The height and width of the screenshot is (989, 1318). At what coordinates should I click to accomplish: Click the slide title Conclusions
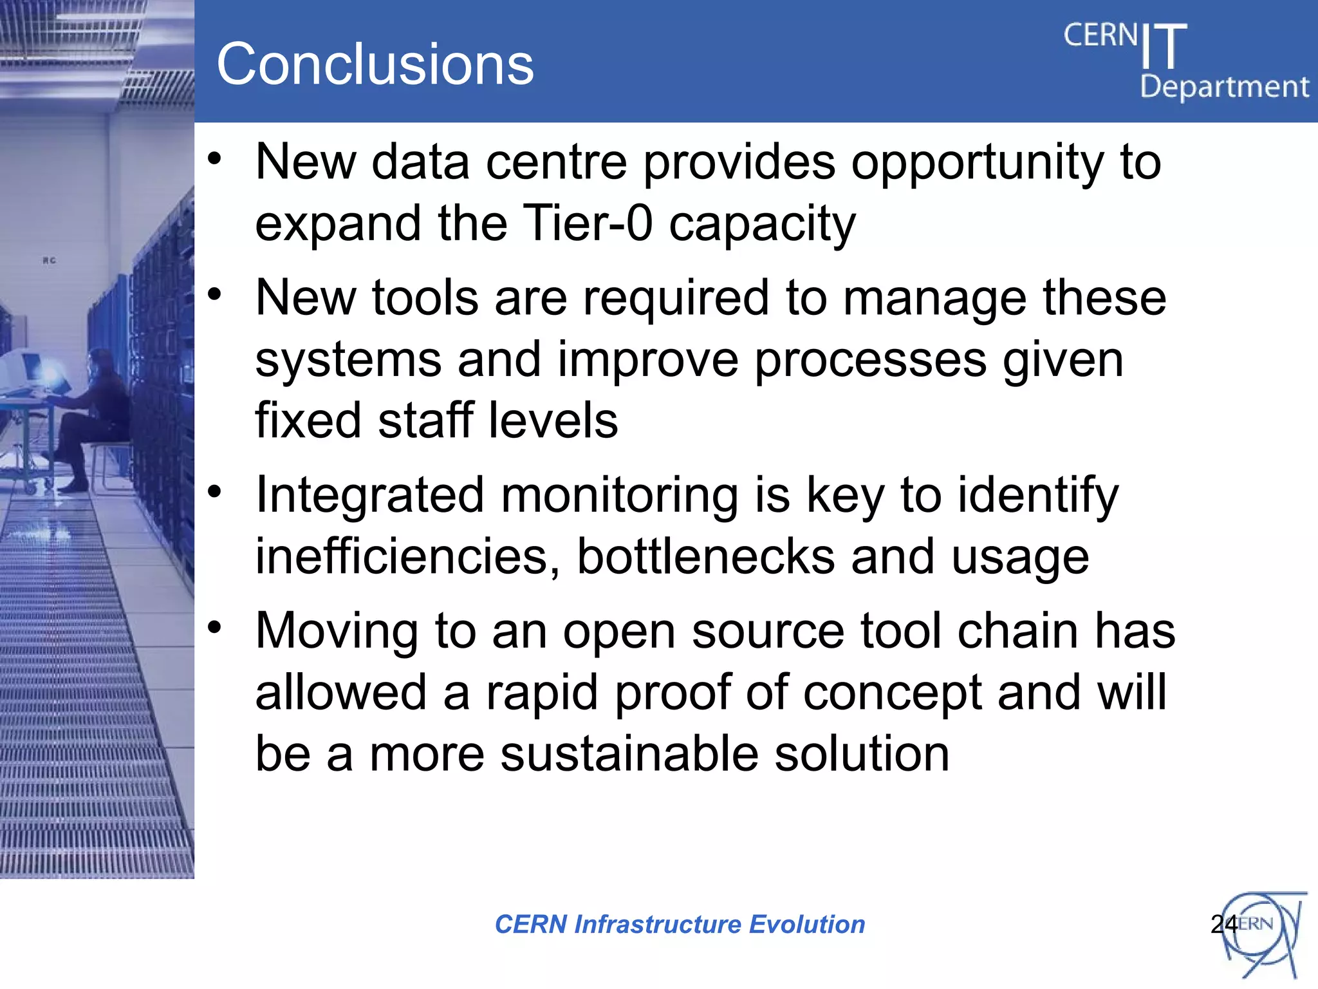(375, 64)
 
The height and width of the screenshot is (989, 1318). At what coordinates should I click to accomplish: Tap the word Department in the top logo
(1224, 87)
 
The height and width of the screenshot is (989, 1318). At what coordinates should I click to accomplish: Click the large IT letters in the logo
(1164, 46)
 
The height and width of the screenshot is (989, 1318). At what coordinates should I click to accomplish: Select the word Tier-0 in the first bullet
(588, 223)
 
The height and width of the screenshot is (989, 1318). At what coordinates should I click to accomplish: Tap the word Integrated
(369, 496)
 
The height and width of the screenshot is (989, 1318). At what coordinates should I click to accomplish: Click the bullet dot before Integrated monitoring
(215, 493)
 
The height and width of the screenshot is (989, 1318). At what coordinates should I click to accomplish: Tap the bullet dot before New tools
(215, 295)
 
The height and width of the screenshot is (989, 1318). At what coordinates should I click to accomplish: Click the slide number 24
(1223, 925)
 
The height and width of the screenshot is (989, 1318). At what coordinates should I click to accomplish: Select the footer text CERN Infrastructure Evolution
(680, 925)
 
